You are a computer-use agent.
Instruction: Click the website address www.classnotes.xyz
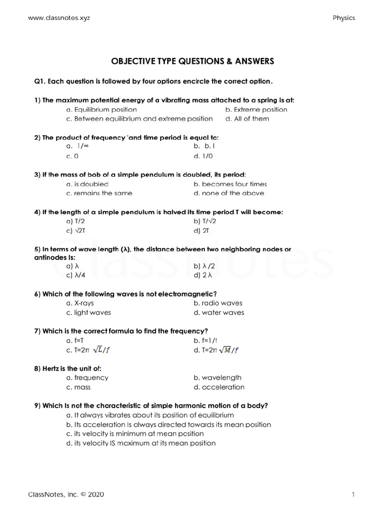(59, 17)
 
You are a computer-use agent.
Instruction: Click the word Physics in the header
(344, 17)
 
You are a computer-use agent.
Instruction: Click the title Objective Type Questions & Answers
(192, 61)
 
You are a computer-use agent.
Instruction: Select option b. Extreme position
(256, 109)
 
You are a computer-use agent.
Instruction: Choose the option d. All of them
(247, 119)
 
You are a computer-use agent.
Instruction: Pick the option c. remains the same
(99, 193)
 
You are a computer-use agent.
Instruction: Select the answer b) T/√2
(205, 221)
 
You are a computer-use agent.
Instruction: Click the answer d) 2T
(200, 231)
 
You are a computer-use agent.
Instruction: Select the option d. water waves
(219, 312)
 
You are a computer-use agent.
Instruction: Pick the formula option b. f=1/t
(206, 340)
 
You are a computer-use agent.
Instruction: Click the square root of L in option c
(99, 349)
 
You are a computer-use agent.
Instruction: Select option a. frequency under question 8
(87, 378)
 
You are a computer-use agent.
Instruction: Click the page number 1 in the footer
(353, 495)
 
